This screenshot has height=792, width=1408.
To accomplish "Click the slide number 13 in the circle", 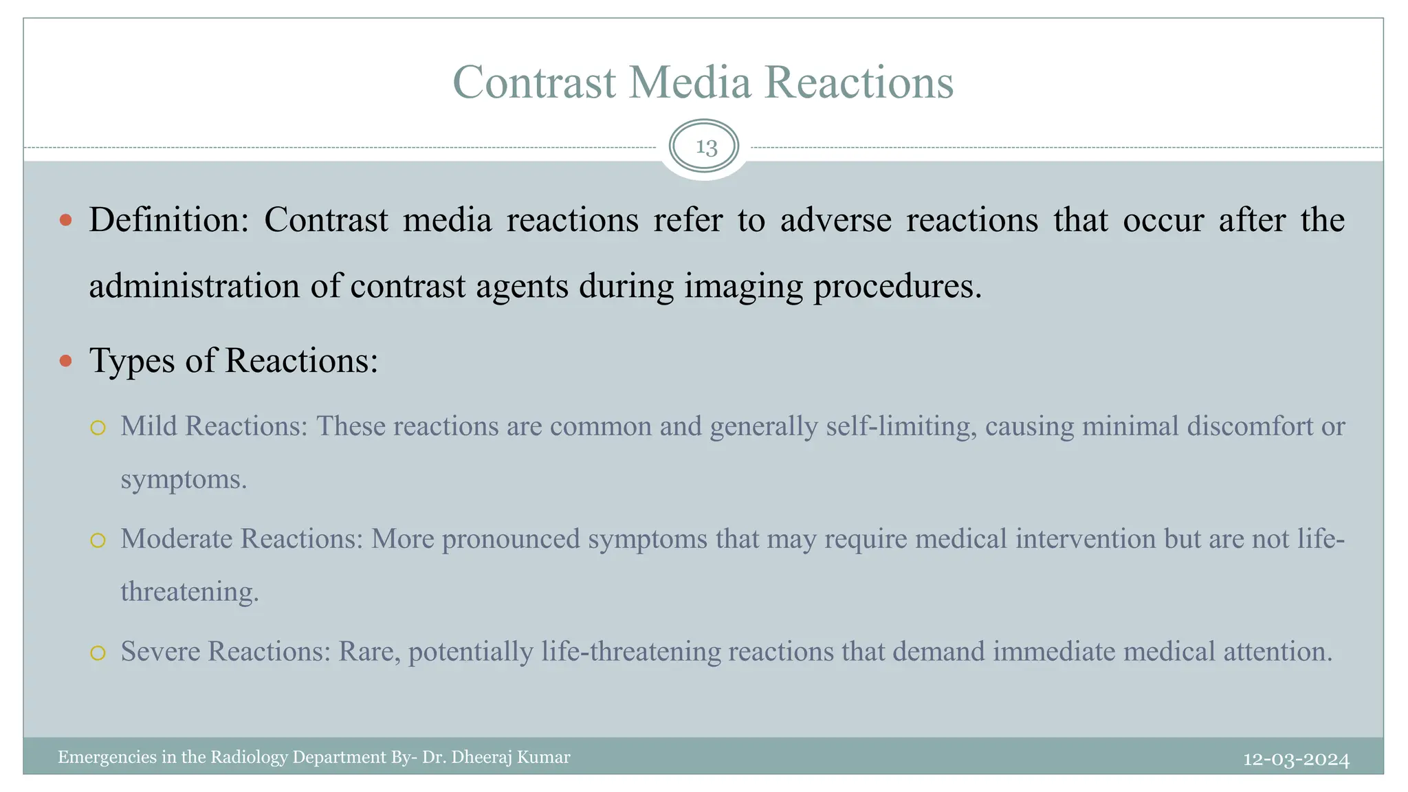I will pos(706,147).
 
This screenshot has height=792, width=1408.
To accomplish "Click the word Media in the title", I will pos(690,82).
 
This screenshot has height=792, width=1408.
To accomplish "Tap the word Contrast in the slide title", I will pos(534,82).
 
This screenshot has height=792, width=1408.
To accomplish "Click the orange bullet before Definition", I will pos(66,220).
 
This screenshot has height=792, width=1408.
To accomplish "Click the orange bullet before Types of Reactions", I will pos(66,361).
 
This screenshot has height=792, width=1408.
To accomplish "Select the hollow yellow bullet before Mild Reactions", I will pos(98,428).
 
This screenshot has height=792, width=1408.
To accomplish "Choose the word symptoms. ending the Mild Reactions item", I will pos(184,479).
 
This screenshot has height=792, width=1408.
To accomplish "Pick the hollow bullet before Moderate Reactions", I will pos(98,540).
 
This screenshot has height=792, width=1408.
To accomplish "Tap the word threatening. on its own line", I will pos(190,592).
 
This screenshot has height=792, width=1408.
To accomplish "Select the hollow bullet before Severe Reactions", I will pos(98,652).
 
